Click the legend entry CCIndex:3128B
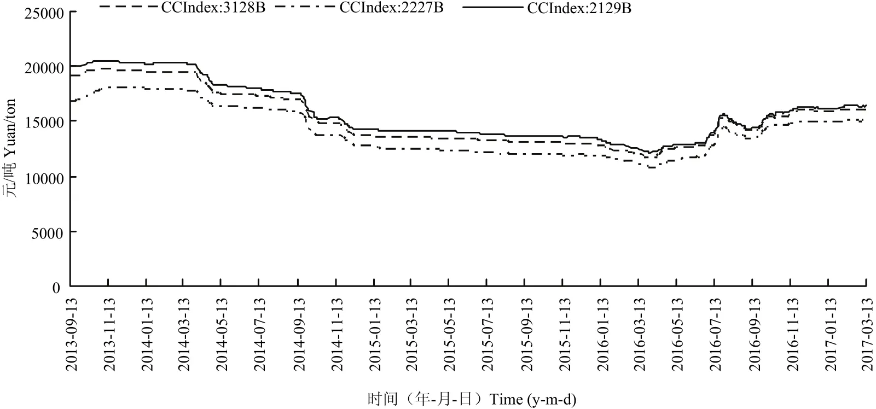point(213,8)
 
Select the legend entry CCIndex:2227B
point(391,8)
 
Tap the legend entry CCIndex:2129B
point(579,8)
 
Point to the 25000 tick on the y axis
point(44,14)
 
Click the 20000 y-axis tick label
point(44,68)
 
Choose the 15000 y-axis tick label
point(44,122)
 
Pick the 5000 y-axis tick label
point(48,233)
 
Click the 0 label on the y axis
point(56,288)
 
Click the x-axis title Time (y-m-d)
point(533,399)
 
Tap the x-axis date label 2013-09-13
point(71,335)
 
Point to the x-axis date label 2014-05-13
point(222,335)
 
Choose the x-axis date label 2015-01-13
point(375,335)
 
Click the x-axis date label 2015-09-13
point(527,335)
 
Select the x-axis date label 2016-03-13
point(640,335)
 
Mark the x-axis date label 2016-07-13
point(716,335)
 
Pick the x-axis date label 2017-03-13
point(867,335)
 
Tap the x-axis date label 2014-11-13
point(337,335)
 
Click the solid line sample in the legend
point(493,7)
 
